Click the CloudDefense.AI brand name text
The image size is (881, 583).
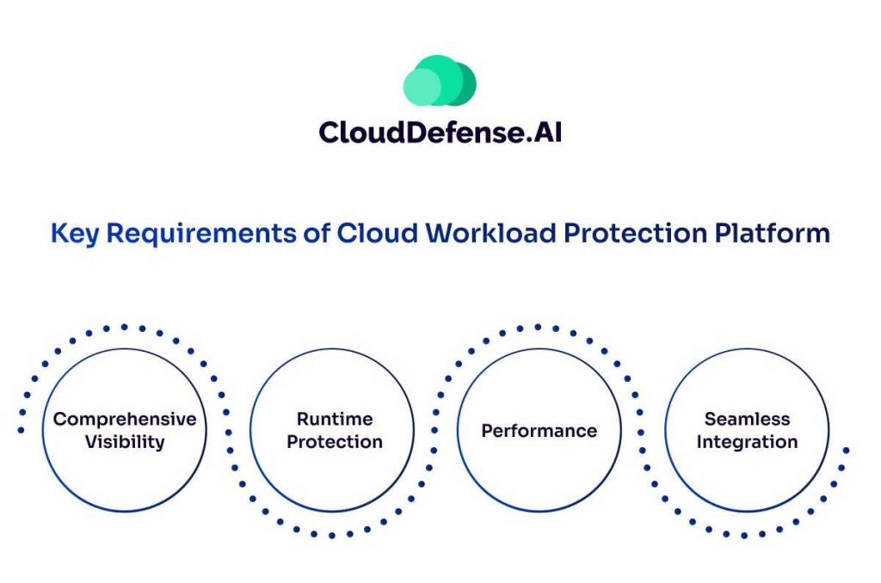pos(440,132)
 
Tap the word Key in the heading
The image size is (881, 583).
pos(71,233)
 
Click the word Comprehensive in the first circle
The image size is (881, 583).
pos(125,420)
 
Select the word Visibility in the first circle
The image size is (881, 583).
pos(125,443)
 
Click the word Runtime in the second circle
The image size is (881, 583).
pos(335,420)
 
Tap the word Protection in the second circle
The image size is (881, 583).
pos(335,443)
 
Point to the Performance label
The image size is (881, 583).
pos(539,431)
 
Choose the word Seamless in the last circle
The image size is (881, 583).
pos(747,420)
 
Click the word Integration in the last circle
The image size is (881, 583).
pos(747,443)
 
